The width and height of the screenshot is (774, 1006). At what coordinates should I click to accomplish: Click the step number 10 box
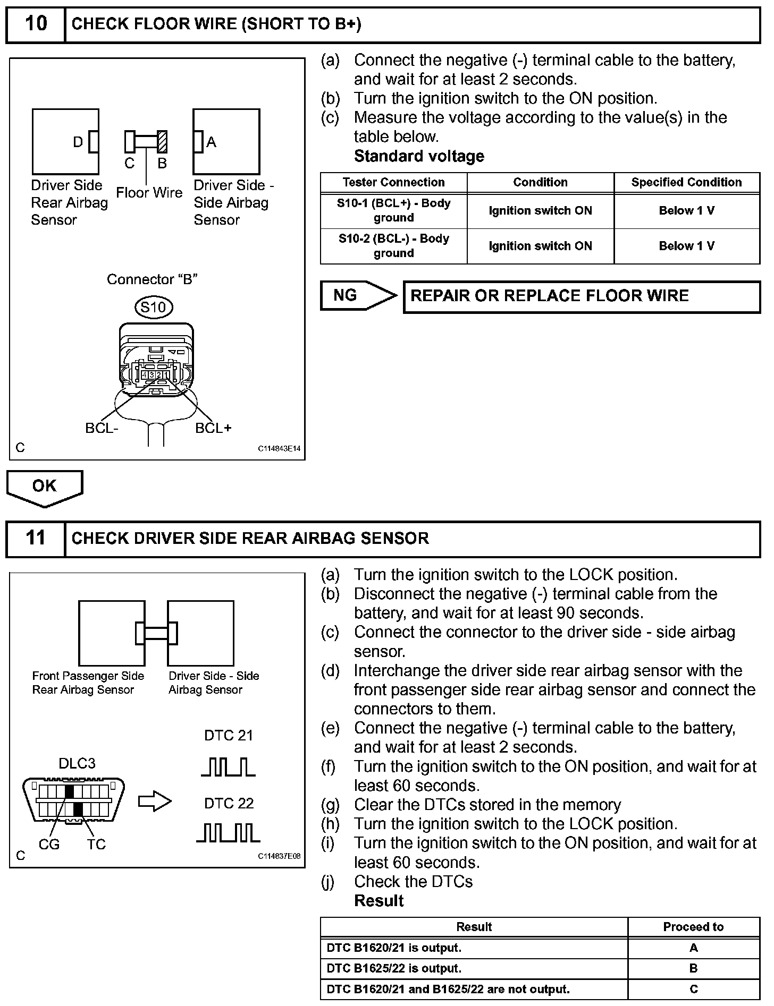click(x=36, y=24)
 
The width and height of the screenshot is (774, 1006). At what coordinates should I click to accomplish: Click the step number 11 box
click(x=36, y=539)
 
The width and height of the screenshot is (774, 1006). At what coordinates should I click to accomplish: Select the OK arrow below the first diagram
click(x=45, y=487)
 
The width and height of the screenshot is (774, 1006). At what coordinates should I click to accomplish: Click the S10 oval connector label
click(x=154, y=308)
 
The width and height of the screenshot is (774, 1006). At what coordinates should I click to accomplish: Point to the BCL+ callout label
click(x=213, y=428)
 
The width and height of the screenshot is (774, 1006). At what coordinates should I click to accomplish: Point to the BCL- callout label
click(x=102, y=428)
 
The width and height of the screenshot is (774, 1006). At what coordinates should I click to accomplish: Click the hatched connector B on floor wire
click(x=162, y=142)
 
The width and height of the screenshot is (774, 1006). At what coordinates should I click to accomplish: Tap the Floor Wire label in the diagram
click(x=149, y=193)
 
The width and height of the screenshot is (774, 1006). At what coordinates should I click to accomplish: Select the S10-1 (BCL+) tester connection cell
click(x=393, y=211)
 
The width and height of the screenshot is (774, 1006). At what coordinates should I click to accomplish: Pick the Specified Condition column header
click(x=686, y=183)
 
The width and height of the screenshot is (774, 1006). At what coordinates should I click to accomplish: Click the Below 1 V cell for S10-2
click(x=686, y=246)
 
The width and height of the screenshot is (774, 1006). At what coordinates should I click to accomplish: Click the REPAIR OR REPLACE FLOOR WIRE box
click(x=582, y=296)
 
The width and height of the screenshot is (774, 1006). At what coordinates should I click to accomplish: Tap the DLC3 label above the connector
click(x=77, y=764)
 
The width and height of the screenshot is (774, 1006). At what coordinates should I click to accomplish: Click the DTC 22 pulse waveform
click(x=229, y=833)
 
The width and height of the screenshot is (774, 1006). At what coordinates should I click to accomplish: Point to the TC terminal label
click(x=96, y=845)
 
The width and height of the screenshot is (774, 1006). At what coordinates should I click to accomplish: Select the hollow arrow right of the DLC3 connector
click(x=155, y=802)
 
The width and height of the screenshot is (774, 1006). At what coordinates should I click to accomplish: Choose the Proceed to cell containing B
click(x=693, y=968)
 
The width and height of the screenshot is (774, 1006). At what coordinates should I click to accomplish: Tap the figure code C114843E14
click(x=279, y=449)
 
